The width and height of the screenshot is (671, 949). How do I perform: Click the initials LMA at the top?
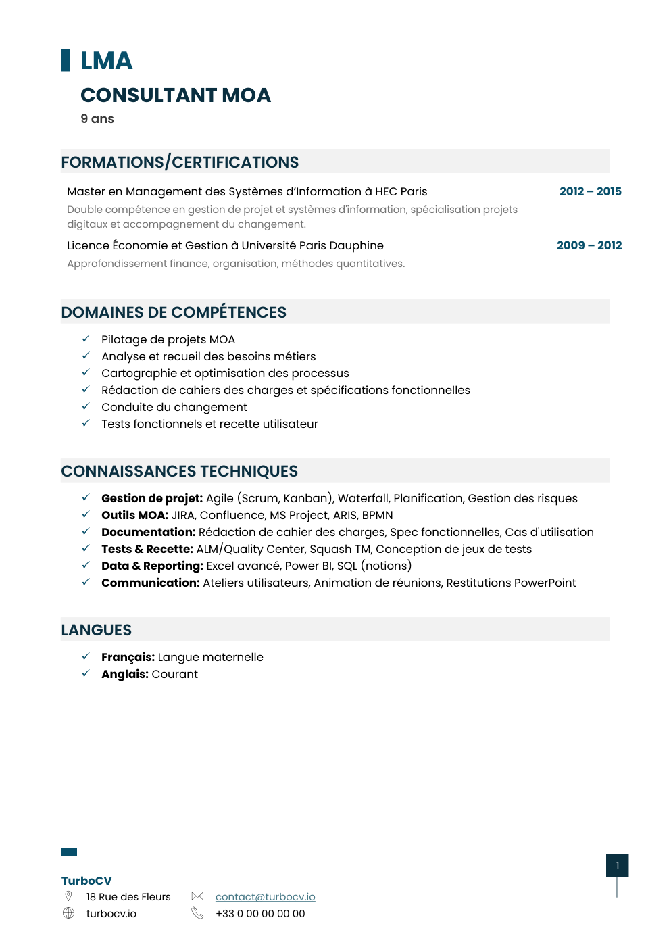point(106,61)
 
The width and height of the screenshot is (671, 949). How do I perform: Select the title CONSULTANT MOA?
point(176,95)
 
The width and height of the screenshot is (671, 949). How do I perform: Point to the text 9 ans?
point(97,119)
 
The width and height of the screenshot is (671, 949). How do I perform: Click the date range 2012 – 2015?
point(590,191)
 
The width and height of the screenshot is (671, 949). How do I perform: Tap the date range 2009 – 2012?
point(589,245)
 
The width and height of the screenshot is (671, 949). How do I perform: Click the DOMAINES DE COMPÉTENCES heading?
point(174,312)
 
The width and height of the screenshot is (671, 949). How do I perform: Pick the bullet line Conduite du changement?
point(174,407)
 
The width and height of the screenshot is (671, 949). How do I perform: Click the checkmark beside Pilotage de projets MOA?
point(86,339)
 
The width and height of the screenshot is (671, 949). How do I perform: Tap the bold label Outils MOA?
point(134,515)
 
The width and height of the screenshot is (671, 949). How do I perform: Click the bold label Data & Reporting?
point(152,566)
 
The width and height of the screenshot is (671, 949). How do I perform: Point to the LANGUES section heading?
point(97,630)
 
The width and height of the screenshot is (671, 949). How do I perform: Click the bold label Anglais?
point(125,674)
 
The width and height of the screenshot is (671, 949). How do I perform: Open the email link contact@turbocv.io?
point(265,897)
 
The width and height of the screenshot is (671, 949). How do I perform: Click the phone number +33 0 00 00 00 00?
point(260,914)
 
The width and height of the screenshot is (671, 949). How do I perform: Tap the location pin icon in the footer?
point(68,896)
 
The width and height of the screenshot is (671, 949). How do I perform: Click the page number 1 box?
point(617,866)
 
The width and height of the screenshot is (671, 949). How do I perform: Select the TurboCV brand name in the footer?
point(86,881)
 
